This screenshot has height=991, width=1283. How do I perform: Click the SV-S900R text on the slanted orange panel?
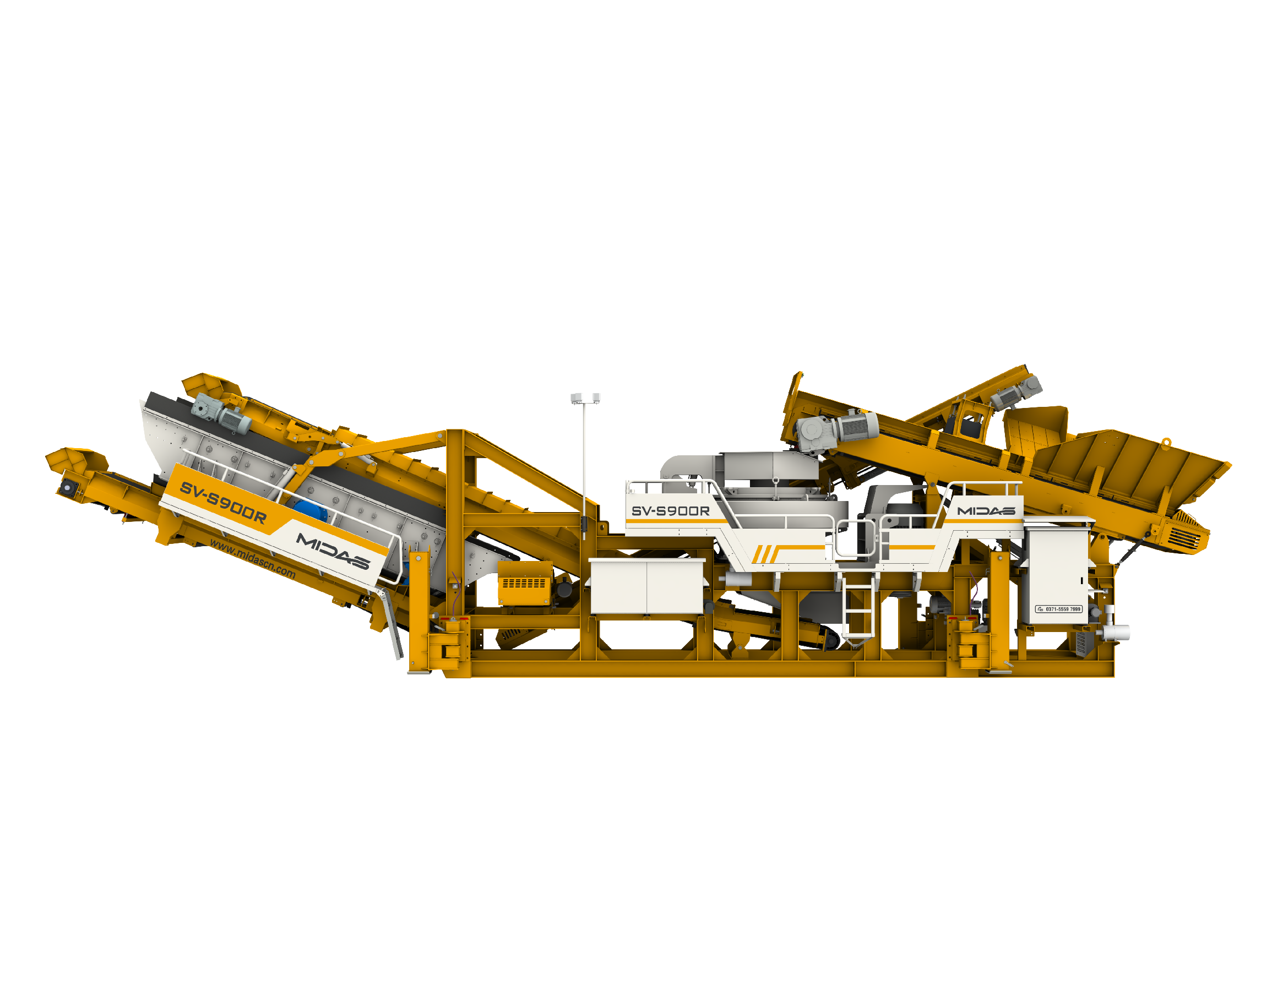pyautogui.click(x=223, y=503)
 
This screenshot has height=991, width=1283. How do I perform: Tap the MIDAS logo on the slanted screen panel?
pyautogui.click(x=333, y=551)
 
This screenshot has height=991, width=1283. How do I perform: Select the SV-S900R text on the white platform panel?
pyautogui.click(x=670, y=511)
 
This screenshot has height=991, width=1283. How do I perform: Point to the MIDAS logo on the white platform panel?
pyautogui.click(x=986, y=510)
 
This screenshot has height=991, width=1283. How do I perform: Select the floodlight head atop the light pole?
pyautogui.click(x=585, y=398)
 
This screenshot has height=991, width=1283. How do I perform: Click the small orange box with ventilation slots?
pyautogui.click(x=525, y=582)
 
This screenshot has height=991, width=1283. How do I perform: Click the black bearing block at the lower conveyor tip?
pyautogui.click(x=68, y=487)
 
